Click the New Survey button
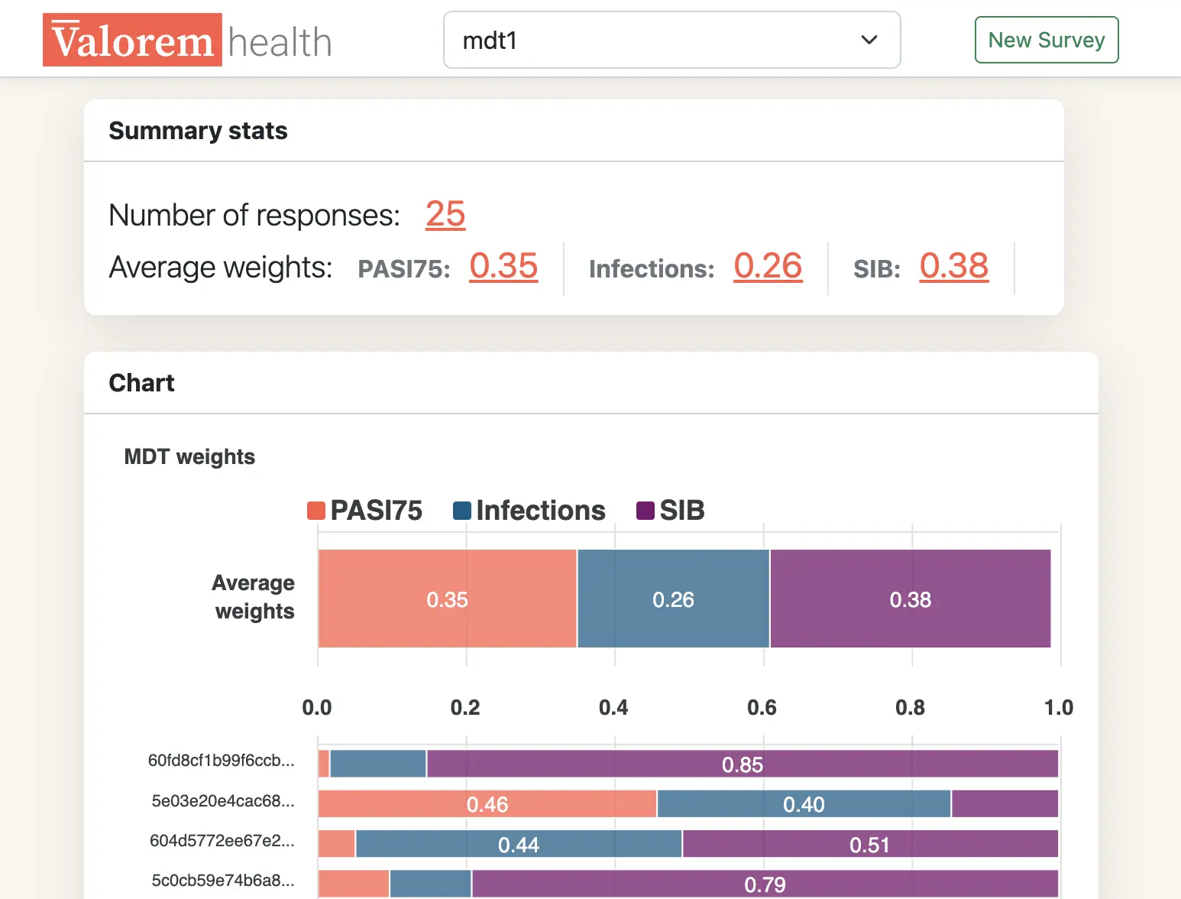tap(1046, 40)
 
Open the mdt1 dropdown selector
tap(671, 40)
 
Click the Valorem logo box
tap(132, 40)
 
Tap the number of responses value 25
tap(445, 214)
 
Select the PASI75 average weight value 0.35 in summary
tap(503, 266)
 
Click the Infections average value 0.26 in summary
tap(768, 266)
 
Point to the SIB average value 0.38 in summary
tap(953, 266)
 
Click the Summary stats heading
tap(198, 131)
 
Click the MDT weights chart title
tap(189, 456)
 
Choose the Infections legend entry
tap(529, 510)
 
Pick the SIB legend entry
tap(671, 510)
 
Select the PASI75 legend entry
tap(365, 510)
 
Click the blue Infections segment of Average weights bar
tap(673, 599)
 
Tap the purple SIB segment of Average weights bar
tap(910, 599)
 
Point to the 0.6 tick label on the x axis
tap(762, 707)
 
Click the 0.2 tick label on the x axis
tap(465, 707)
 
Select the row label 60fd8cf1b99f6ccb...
tap(221, 761)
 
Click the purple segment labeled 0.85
tap(742, 764)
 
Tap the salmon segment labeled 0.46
tap(487, 804)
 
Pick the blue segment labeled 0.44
tap(519, 844)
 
